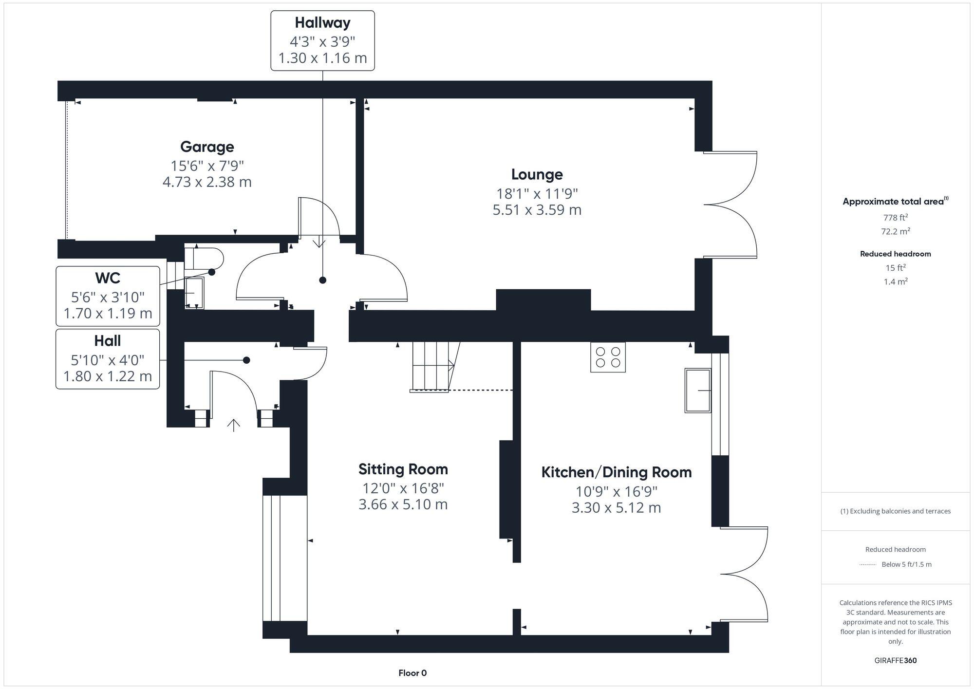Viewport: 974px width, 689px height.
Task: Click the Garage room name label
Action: [207, 147]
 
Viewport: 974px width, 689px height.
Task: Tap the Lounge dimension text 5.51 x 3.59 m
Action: [537, 210]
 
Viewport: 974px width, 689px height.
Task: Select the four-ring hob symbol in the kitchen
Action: [608, 357]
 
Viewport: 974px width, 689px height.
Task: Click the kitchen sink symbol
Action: [698, 391]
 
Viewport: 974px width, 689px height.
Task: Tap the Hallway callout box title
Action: [322, 23]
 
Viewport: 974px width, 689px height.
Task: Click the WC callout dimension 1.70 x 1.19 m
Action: [108, 313]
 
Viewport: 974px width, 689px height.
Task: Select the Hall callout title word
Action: [108, 341]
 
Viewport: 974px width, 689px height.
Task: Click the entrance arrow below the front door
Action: [234, 425]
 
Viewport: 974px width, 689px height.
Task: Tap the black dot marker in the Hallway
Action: [322, 280]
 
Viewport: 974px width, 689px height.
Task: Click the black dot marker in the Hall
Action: [246, 360]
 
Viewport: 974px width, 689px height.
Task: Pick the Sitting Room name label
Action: [403, 469]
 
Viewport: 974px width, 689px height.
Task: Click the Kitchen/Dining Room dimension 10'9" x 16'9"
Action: [616, 492]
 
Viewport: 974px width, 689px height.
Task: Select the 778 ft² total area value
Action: [895, 218]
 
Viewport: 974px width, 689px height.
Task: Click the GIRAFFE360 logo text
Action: [895, 661]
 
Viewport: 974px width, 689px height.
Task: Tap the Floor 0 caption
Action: [412, 673]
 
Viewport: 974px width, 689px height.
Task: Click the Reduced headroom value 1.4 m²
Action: [895, 282]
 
